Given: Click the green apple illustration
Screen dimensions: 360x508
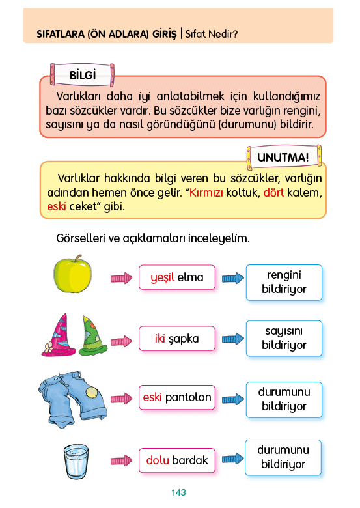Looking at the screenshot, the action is click(x=72, y=274).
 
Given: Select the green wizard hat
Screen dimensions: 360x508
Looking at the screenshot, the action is click(x=93, y=335).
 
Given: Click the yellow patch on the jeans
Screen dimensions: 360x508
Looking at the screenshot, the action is click(x=92, y=393).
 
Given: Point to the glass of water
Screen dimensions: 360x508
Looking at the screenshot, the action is click(x=76, y=462).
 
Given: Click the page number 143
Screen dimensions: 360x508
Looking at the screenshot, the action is click(x=179, y=492).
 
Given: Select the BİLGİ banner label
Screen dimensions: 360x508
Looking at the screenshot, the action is click(x=83, y=75).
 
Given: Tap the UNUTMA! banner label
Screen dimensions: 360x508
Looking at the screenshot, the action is click(x=283, y=158).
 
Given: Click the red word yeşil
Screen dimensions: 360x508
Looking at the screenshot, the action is click(x=163, y=278).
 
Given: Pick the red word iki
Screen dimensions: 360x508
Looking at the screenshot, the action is click(x=160, y=339).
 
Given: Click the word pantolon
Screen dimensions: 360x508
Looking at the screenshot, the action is click(x=188, y=397).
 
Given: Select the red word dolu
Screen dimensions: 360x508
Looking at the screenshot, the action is click(x=158, y=460).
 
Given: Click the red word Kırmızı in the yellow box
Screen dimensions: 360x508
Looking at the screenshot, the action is click(x=206, y=193).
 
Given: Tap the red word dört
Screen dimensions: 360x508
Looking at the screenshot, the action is click(x=274, y=193).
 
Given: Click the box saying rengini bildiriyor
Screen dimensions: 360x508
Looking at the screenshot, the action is click(x=284, y=282).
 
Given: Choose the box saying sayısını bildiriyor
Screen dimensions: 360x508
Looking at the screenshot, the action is click(x=284, y=338).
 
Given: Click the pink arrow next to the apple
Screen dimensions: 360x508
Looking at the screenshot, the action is click(x=121, y=278).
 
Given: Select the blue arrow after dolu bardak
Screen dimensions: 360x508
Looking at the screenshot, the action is click(x=233, y=459).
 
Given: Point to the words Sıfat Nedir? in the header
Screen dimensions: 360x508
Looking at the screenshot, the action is click(x=212, y=34).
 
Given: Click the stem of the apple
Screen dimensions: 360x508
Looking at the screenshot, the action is click(x=77, y=258).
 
